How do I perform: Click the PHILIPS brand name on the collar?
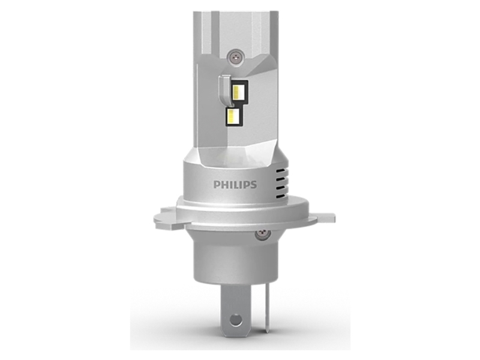[x=235, y=185]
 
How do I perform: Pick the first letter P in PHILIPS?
[x=216, y=185]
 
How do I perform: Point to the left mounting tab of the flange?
[x=164, y=217]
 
